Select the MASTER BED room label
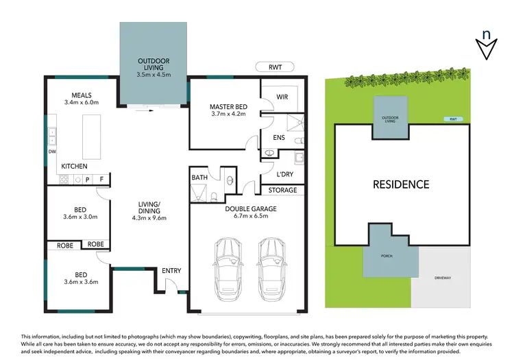[x=228, y=107]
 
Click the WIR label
[x=282, y=97]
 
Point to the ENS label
[x=279, y=138]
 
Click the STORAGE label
[x=282, y=190]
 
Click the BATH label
[x=199, y=178]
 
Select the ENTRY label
[x=171, y=271]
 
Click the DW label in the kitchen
[x=52, y=152]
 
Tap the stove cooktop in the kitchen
[x=64, y=180]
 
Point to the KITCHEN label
[x=74, y=167]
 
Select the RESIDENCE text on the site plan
[x=401, y=184]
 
